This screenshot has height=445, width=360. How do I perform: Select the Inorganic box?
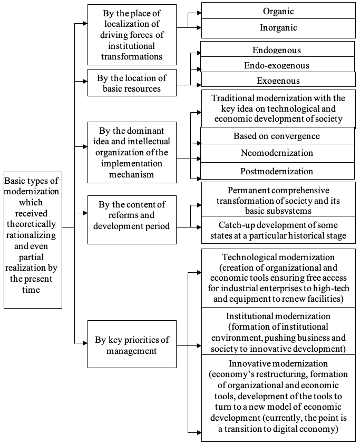tap(278, 28)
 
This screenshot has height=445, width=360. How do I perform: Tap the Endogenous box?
tap(277, 49)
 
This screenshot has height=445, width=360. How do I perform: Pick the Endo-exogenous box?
tap(277, 64)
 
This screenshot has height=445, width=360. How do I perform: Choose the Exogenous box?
tap(278, 79)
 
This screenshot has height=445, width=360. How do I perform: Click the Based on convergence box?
tap(277, 136)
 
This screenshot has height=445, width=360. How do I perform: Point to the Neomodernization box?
tap(277, 153)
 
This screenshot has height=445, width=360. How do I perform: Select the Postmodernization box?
tap(277, 171)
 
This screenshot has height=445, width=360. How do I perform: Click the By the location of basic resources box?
tap(132, 83)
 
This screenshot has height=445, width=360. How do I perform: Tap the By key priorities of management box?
tap(132, 344)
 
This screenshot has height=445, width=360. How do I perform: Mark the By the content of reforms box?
tap(132, 220)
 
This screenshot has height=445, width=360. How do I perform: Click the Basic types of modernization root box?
tap(33, 240)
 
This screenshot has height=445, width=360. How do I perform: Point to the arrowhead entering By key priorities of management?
tap(85, 343)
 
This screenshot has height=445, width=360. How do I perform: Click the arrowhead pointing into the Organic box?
tap(199, 13)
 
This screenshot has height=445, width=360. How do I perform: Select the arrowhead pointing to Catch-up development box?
tap(199, 227)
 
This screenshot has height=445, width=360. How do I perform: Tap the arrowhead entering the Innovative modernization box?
tap(199, 433)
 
